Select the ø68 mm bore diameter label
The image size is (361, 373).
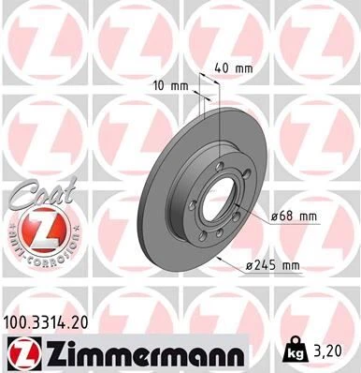[x=293, y=216]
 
